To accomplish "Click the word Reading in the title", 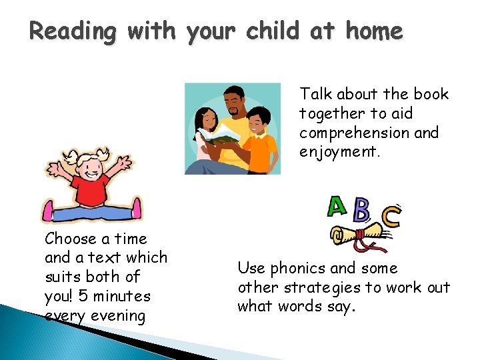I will [x=71, y=31].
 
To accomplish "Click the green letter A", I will [x=337, y=207].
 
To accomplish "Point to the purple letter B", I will [x=361, y=211].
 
